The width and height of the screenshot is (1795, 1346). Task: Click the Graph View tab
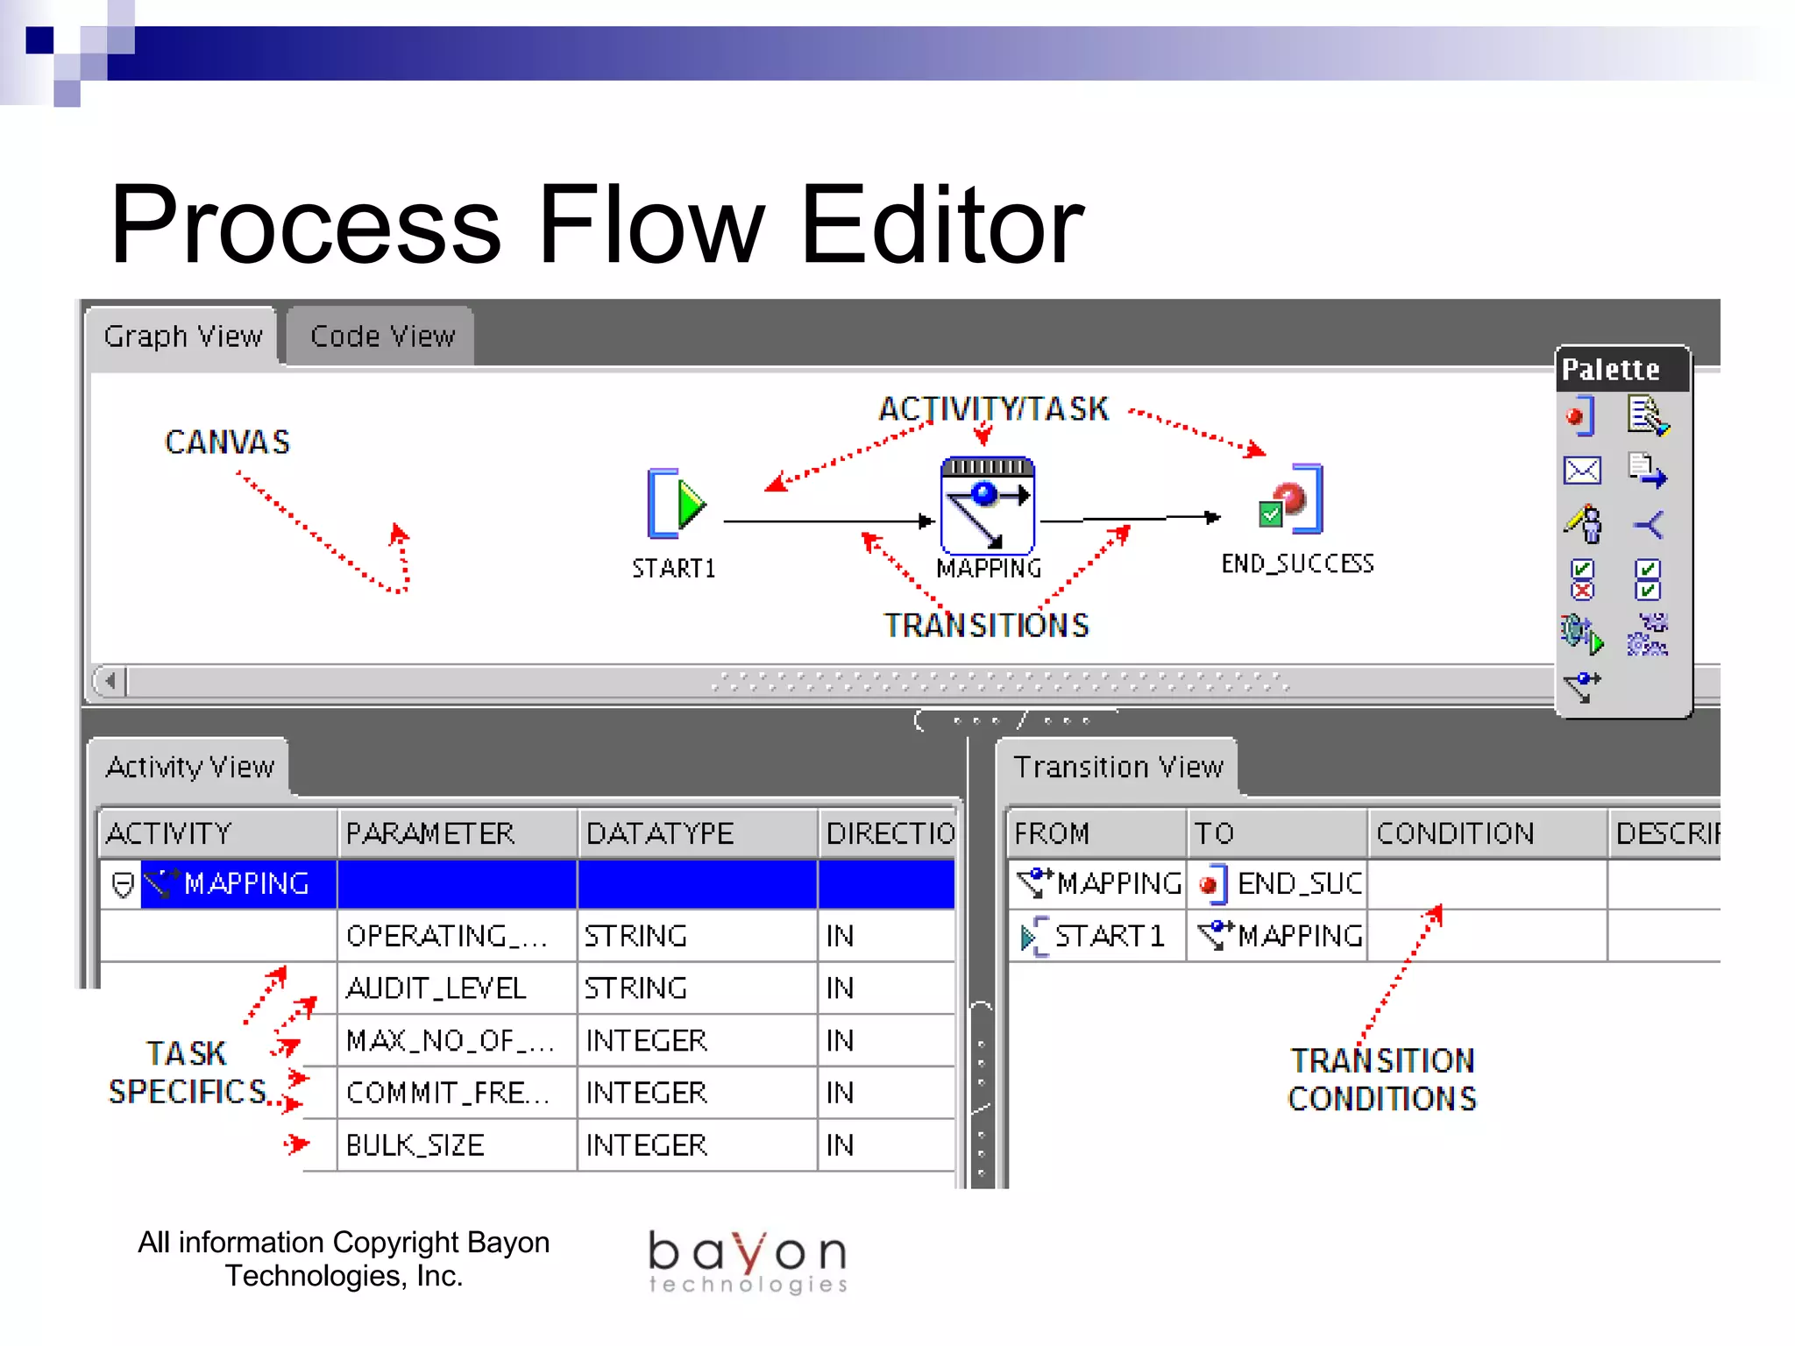tap(182, 336)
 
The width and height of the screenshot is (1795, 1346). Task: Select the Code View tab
tap(382, 336)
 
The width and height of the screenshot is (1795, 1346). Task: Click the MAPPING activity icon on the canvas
tap(987, 506)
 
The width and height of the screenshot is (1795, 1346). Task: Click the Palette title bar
tap(1621, 369)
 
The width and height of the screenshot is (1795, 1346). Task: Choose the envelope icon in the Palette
tap(1582, 471)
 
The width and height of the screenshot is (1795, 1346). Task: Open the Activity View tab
tap(190, 767)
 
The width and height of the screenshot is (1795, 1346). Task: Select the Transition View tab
tap(1117, 767)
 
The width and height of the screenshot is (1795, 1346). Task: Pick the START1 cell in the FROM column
tap(1096, 936)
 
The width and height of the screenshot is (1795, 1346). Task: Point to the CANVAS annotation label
tap(227, 443)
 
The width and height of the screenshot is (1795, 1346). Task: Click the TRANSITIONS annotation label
tap(986, 626)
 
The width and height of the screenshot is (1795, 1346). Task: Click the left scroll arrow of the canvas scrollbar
tap(110, 680)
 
